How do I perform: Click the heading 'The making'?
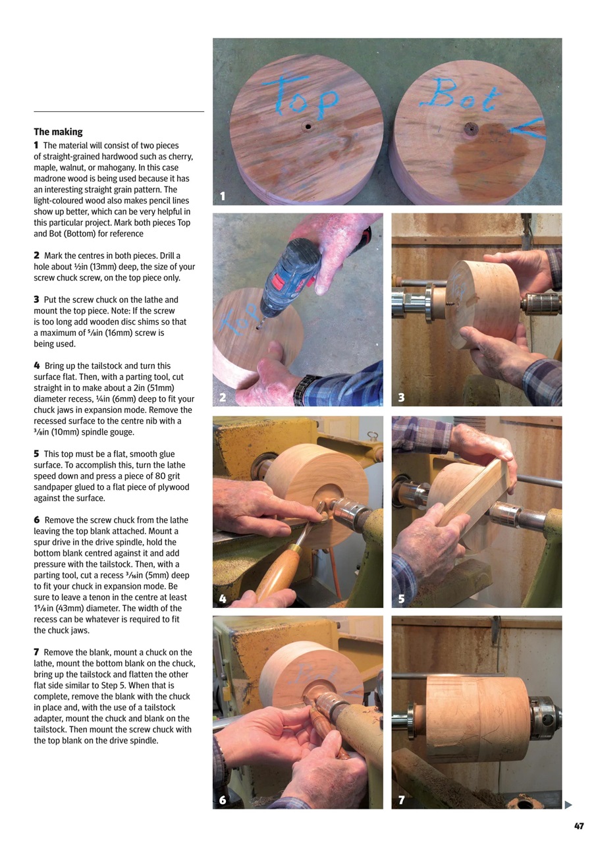click(58, 132)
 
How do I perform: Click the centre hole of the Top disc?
click(307, 126)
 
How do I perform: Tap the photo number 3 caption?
click(401, 397)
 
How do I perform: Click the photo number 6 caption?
click(223, 800)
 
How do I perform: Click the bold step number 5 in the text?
click(36, 454)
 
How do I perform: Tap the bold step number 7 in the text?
click(36, 652)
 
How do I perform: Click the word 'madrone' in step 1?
click(51, 178)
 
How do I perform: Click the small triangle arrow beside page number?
click(568, 804)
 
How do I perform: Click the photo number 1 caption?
click(223, 196)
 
